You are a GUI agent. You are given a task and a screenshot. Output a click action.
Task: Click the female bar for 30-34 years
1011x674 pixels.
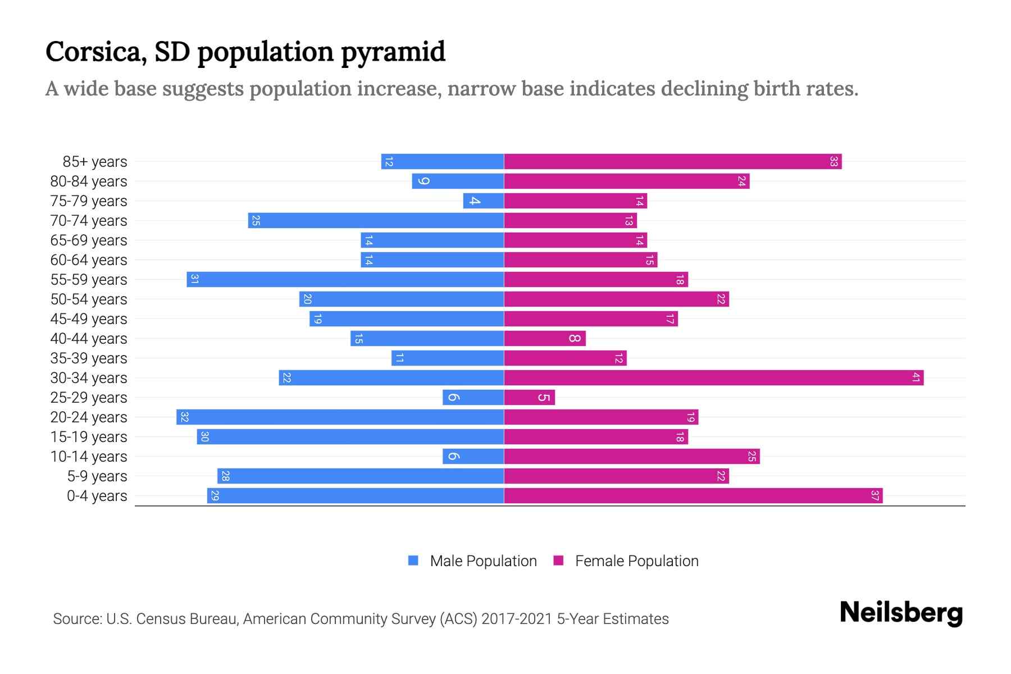point(713,378)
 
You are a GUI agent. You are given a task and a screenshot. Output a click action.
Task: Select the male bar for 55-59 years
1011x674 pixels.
point(345,280)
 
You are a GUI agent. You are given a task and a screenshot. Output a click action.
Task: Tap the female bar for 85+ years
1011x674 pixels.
point(672,162)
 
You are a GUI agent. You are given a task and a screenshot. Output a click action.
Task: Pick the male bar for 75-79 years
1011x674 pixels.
point(484,201)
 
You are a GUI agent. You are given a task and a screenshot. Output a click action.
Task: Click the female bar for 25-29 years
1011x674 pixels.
point(529,398)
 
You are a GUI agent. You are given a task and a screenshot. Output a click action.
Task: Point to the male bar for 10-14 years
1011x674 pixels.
point(473,457)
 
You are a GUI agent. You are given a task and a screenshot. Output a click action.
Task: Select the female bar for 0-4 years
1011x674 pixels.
point(693,496)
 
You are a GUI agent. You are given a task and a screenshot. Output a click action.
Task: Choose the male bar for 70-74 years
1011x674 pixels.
point(376,221)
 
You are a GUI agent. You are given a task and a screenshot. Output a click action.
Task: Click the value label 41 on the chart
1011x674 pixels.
point(916,378)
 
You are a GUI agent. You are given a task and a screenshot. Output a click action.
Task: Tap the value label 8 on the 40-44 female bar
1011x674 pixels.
point(574,339)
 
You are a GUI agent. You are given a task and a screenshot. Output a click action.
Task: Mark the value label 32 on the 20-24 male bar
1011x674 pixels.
point(184,417)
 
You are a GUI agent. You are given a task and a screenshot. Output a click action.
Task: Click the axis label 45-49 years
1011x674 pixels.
point(89,319)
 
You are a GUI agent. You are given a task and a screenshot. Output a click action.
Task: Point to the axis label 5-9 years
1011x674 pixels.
point(97,476)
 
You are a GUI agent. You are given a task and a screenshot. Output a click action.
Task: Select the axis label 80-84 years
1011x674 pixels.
point(89,181)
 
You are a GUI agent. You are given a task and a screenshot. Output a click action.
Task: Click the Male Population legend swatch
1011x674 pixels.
point(413,561)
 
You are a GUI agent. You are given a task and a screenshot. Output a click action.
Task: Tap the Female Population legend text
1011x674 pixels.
point(636,561)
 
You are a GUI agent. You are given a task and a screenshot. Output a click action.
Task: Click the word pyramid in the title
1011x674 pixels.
point(393,52)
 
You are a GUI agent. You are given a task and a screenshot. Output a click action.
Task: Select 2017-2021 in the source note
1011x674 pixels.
point(517,619)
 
